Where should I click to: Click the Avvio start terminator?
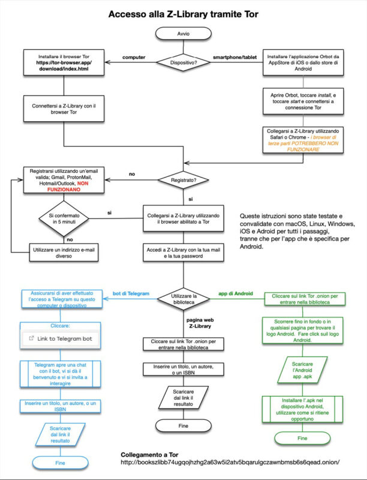click(x=183, y=34)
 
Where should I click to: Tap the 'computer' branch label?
click(x=134, y=57)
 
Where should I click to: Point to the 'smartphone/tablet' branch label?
click(x=236, y=57)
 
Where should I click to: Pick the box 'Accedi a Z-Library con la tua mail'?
click(x=183, y=252)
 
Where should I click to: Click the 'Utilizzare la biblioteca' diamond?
click(x=183, y=297)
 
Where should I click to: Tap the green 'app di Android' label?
click(x=233, y=293)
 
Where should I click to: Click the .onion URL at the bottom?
click(x=230, y=461)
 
